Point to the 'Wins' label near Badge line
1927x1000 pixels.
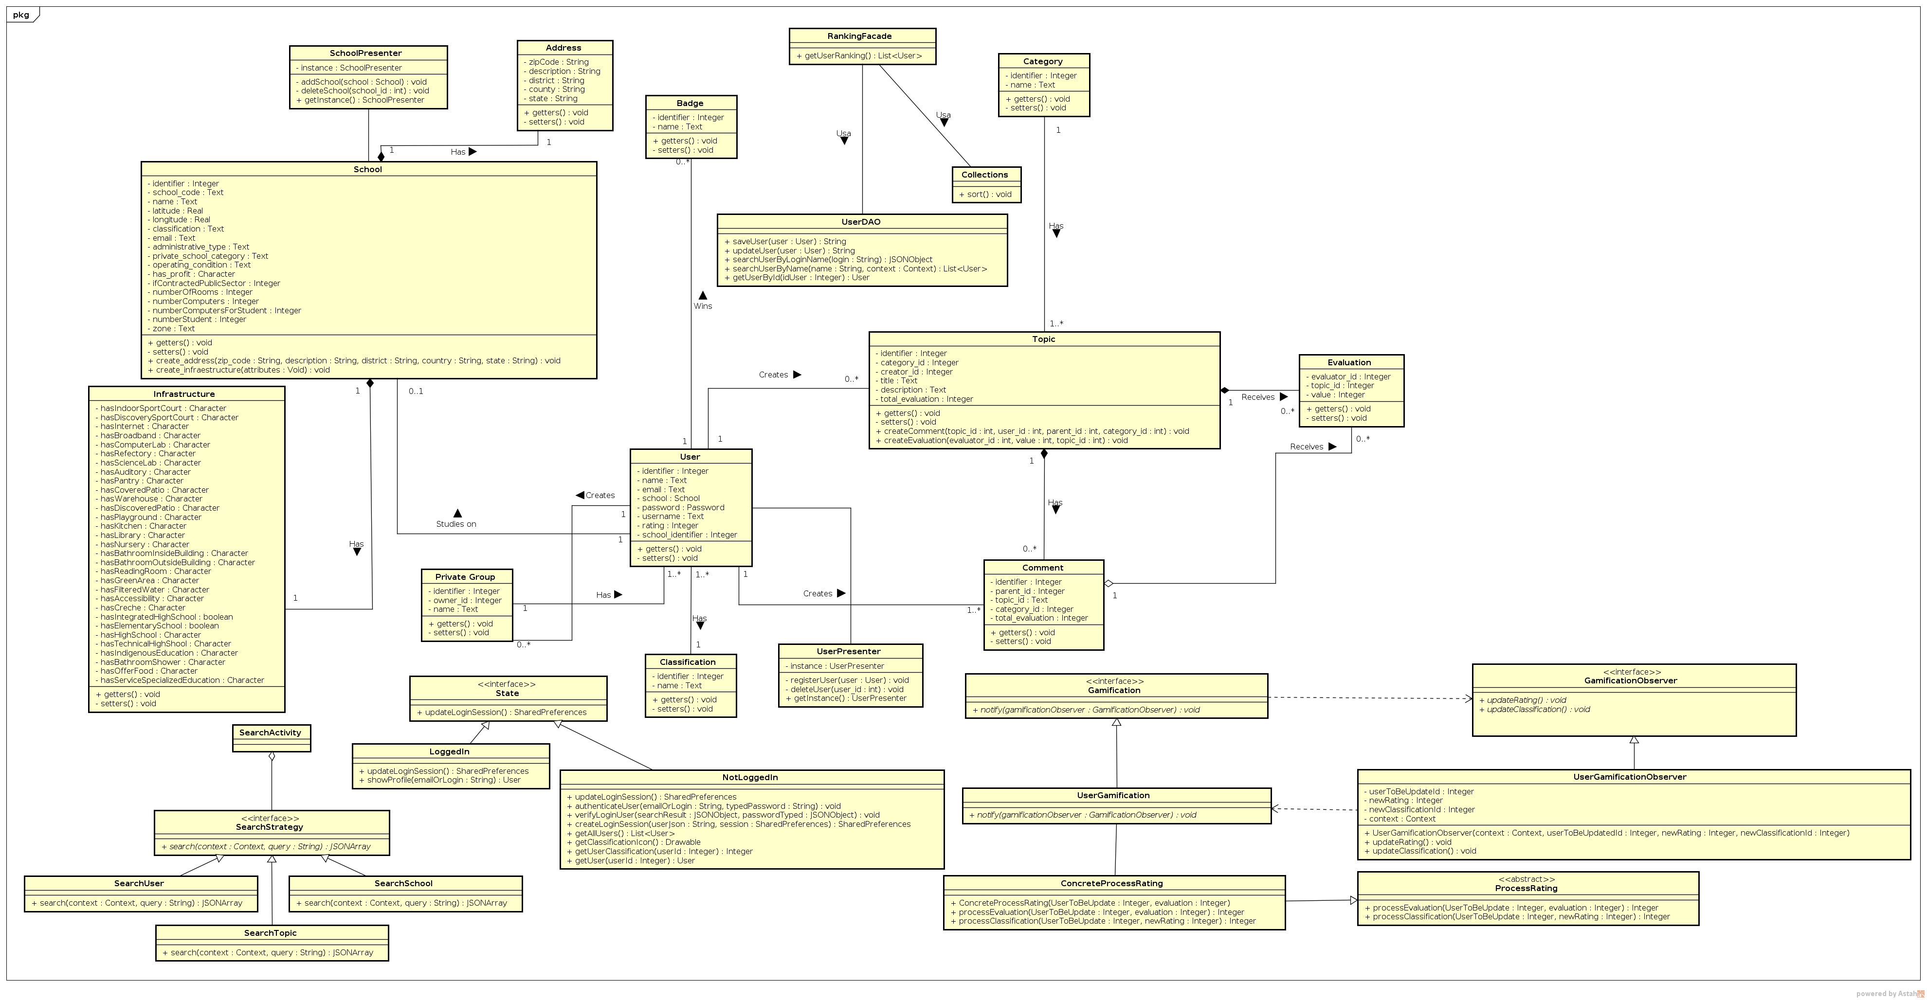702,306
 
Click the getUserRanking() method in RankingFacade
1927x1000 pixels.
859,56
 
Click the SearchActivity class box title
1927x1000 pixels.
270,733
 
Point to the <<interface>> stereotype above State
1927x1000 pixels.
507,684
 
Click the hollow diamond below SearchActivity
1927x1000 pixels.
272,756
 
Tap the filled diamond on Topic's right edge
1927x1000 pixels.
1225,391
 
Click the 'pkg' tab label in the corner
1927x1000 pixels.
21,15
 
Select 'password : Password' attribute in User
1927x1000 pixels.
682,508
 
